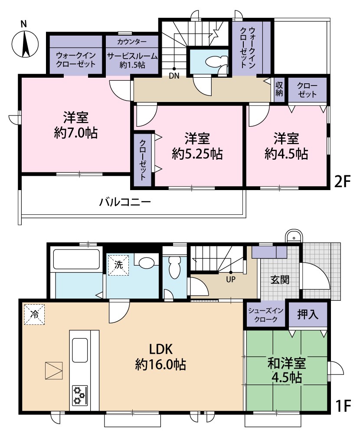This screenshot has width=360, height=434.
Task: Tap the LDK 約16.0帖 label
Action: click(x=161, y=356)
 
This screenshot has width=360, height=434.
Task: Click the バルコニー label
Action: click(x=125, y=202)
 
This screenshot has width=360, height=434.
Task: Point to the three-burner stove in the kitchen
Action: click(x=79, y=395)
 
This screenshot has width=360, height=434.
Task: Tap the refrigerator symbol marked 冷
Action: click(x=33, y=313)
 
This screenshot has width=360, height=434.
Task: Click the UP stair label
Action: click(x=230, y=280)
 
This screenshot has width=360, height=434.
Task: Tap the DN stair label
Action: click(x=174, y=76)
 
